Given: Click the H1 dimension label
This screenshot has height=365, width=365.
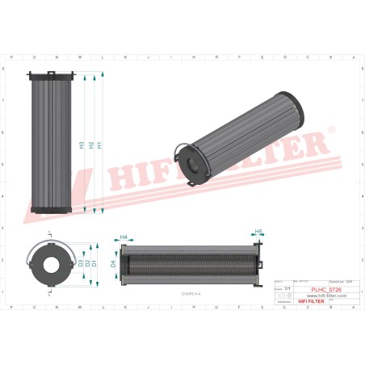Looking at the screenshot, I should [x=99, y=145].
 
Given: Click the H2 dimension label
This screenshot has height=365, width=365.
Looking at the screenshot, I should [x=90, y=145].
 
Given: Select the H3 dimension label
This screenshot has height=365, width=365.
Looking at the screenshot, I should [x=82, y=145].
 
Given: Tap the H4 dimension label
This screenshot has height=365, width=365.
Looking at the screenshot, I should [x=124, y=237].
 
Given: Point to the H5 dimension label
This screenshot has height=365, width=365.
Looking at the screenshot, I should [x=259, y=233].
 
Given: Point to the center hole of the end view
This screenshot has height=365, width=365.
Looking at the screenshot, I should [x=51, y=264].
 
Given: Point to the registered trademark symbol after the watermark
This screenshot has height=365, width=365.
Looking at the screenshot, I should [x=330, y=129].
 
